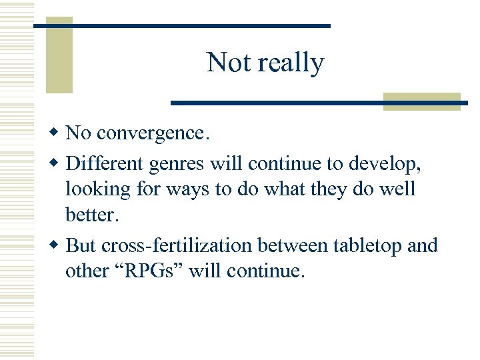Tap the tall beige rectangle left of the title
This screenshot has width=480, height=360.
pos(59,57)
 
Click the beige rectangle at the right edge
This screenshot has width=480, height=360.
pos(422,101)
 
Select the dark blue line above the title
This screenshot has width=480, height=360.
pos(182,25)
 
